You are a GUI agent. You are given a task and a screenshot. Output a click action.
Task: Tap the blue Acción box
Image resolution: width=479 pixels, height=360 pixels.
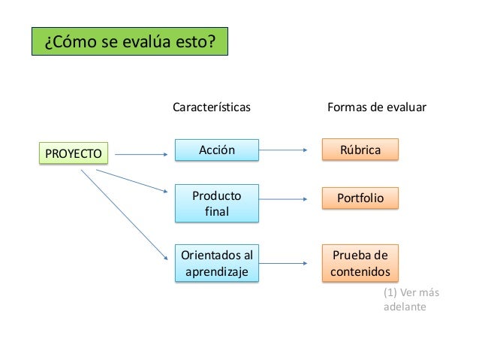[x=216, y=150]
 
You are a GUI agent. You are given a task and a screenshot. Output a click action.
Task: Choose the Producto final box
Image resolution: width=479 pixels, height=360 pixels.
[x=216, y=204]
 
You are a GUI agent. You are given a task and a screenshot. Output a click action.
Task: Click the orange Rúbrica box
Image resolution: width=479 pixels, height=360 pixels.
[x=360, y=150]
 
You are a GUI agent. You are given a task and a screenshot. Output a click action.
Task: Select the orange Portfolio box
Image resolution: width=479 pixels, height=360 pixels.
[x=360, y=198]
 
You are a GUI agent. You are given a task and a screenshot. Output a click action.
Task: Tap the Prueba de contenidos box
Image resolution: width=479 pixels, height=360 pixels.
[x=360, y=262]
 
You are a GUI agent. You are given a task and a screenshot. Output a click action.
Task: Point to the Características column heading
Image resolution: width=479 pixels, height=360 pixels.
[x=212, y=107]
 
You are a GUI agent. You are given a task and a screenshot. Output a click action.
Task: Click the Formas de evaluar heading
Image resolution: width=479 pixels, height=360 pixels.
[x=377, y=107]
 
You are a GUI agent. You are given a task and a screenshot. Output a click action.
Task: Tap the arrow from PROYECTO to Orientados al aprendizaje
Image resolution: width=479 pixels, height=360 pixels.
[x=123, y=216]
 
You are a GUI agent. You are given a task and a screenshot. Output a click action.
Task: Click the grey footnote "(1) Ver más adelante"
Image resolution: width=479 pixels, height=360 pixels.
[x=409, y=300]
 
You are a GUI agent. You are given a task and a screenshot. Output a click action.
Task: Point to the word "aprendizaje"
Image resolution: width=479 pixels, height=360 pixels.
[x=216, y=271]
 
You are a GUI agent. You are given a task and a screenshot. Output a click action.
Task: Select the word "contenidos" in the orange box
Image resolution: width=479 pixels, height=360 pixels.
[x=360, y=271]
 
